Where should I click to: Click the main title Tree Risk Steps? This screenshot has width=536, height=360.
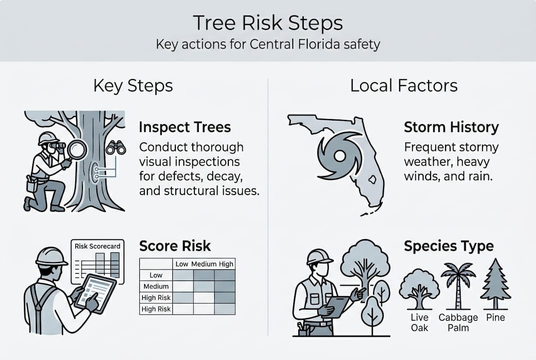pyautogui.click(x=268, y=23)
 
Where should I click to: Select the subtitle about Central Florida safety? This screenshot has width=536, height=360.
pyautogui.click(x=268, y=44)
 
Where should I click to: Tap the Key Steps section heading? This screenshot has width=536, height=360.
pyautogui.click(x=133, y=85)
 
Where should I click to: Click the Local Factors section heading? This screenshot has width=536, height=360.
pyautogui.click(x=404, y=85)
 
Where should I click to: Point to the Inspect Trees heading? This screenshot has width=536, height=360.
pyautogui.click(x=185, y=127)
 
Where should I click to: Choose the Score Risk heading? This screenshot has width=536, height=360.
pyautogui.click(x=175, y=246)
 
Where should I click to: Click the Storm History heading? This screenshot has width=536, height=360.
pyautogui.click(x=451, y=127)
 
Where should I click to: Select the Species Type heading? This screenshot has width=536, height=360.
pyautogui.click(x=449, y=246)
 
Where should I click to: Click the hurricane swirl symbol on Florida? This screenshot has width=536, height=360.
pyautogui.click(x=340, y=156)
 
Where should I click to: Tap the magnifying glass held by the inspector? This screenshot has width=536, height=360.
pyautogui.click(x=78, y=149)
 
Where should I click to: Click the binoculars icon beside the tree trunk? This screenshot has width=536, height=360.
pyautogui.click(x=116, y=146)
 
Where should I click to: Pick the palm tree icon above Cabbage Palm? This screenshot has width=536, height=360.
pyautogui.click(x=458, y=285)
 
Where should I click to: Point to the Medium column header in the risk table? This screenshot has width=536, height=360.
pyautogui.click(x=204, y=264)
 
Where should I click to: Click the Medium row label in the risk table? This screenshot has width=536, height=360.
pyautogui.click(x=156, y=286)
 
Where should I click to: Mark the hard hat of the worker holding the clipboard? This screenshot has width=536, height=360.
pyautogui.click(x=319, y=256)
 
